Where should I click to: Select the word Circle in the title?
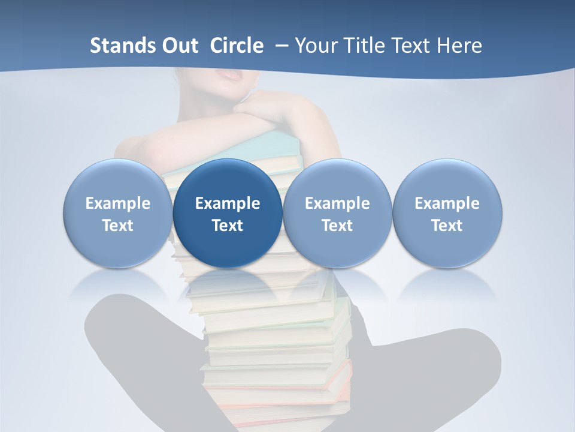(x=237, y=46)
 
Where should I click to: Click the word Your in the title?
(x=314, y=46)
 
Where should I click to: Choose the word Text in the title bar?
(x=414, y=46)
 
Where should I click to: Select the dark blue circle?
(x=228, y=180)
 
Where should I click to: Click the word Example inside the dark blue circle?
(x=228, y=203)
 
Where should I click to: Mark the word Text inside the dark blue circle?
(x=228, y=226)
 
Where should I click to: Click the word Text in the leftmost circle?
(x=117, y=226)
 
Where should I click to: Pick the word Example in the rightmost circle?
(x=447, y=203)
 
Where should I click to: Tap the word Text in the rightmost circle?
(x=447, y=226)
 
